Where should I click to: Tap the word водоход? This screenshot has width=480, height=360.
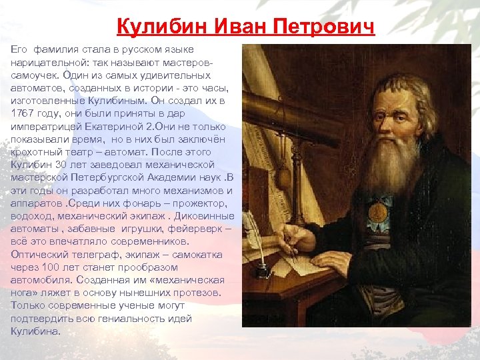pyautogui.click(x=31, y=215)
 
